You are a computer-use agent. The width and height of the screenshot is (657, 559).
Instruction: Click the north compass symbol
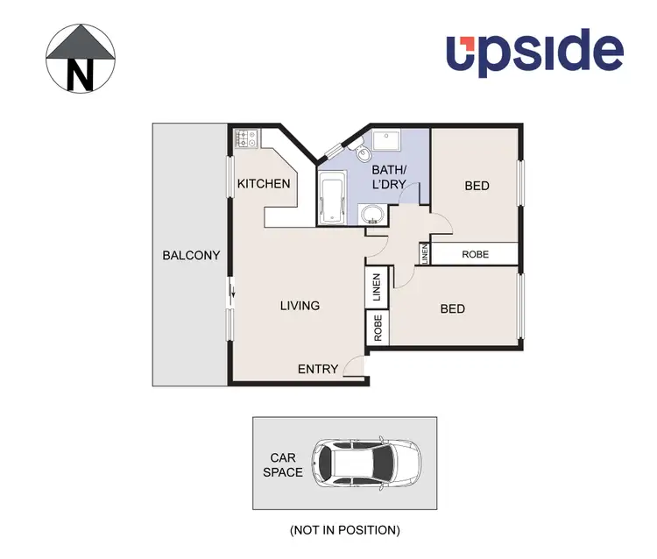tap(81, 59)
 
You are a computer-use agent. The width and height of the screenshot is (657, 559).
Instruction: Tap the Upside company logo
tap(535, 53)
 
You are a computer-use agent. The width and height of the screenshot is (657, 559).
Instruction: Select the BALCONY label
tap(191, 256)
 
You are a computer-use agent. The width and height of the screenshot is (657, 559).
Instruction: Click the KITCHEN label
tap(264, 184)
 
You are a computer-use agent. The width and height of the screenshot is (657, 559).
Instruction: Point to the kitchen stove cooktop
tap(245, 138)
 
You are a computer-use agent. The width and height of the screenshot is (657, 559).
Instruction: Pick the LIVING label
tap(300, 306)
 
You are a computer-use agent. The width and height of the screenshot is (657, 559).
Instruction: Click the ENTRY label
tap(318, 369)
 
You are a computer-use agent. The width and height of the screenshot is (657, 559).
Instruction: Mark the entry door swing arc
tap(353, 367)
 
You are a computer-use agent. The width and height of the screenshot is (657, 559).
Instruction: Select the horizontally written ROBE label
tap(476, 254)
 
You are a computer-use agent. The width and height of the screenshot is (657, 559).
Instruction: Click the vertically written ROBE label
tap(378, 327)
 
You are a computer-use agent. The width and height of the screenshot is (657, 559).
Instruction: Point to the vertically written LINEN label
tap(425, 255)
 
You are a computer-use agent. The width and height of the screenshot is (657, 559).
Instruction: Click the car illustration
tap(368, 461)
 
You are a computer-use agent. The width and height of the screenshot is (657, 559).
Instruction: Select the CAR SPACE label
tap(286, 465)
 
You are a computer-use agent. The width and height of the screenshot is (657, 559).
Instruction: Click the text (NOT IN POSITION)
tap(344, 530)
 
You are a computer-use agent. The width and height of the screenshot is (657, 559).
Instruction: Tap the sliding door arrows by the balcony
tap(233, 294)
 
